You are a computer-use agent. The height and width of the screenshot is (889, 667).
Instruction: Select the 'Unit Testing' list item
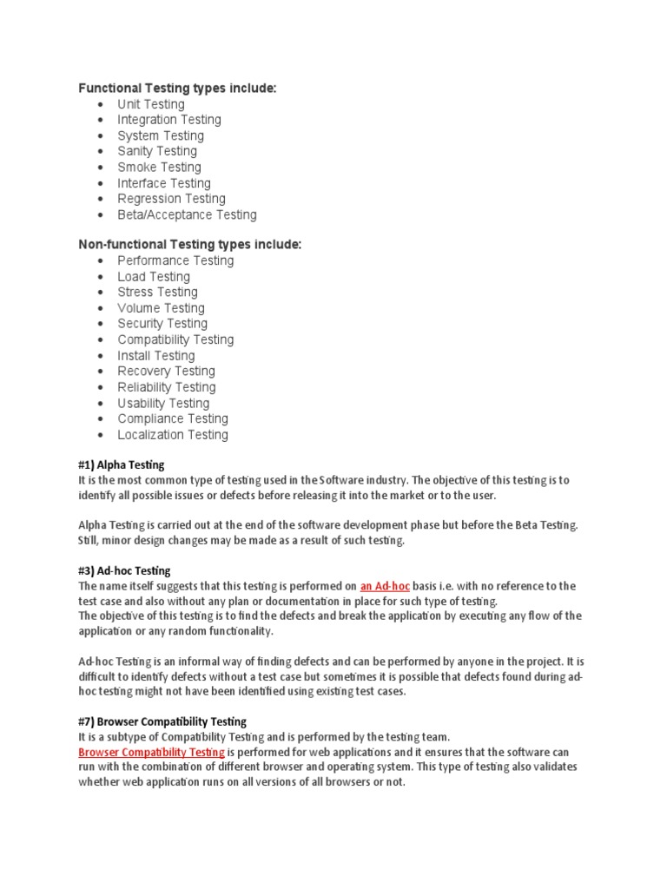pyautogui.click(x=151, y=104)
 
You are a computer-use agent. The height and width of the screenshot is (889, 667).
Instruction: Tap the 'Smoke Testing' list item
pyautogui.click(x=159, y=167)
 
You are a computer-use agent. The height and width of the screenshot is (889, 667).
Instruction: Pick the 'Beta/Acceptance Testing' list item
pyautogui.click(x=187, y=214)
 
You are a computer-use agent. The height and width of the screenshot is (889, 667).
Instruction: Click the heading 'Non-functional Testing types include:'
pyautogui.click(x=190, y=245)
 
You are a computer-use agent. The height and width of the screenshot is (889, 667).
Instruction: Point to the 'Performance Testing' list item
pyautogui.click(x=175, y=260)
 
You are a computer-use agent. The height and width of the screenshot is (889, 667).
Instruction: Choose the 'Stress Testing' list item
pyautogui.click(x=157, y=292)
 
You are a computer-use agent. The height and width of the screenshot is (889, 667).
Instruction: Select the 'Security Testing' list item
pyautogui.click(x=162, y=324)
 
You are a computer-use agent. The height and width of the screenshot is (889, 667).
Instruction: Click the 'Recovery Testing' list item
pyautogui.click(x=166, y=372)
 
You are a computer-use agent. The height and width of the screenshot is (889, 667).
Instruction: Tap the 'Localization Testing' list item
pyautogui.click(x=173, y=435)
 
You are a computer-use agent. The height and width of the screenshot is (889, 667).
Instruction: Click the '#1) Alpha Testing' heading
pyautogui.click(x=121, y=465)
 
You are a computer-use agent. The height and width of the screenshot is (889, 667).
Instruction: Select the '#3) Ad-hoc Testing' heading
pyautogui.click(x=124, y=571)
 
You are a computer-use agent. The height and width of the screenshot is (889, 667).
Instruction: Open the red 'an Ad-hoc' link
pyautogui.click(x=385, y=587)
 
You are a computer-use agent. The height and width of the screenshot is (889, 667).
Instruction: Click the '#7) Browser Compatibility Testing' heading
pyautogui.click(x=162, y=721)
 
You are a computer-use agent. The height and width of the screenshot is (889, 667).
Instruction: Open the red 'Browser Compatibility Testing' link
pyautogui.click(x=152, y=752)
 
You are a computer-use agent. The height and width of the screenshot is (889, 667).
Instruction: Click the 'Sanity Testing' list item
pyautogui.click(x=157, y=151)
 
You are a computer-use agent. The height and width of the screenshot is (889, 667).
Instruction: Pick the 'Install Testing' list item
pyautogui.click(x=156, y=356)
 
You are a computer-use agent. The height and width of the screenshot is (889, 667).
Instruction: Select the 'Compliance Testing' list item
pyautogui.click(x=173, y=419)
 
